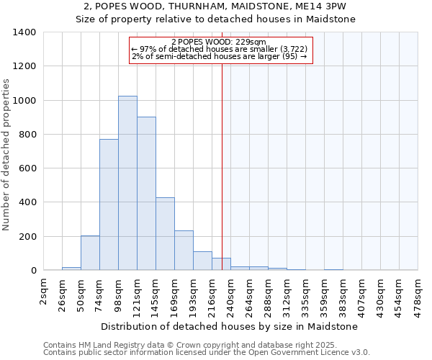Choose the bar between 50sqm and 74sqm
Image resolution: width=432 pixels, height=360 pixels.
(x=90, y=253)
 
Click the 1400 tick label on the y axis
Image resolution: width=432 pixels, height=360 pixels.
(x=24, y=32)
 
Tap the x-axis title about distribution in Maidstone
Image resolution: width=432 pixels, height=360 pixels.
(x=230, y=326)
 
